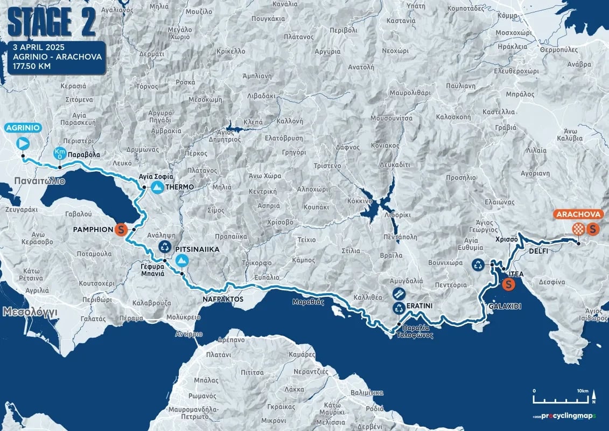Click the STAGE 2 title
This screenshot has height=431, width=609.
click(52, 22)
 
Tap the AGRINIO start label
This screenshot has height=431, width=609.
click(23, 128)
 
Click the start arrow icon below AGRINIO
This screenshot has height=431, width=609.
click(23, 143)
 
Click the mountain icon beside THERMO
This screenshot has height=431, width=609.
click(157, 187)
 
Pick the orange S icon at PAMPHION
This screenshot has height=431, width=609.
click(121, 230)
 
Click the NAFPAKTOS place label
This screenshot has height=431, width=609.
click(223, 299)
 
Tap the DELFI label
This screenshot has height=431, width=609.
click(538, 251)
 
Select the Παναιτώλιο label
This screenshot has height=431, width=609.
click(40, 181)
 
